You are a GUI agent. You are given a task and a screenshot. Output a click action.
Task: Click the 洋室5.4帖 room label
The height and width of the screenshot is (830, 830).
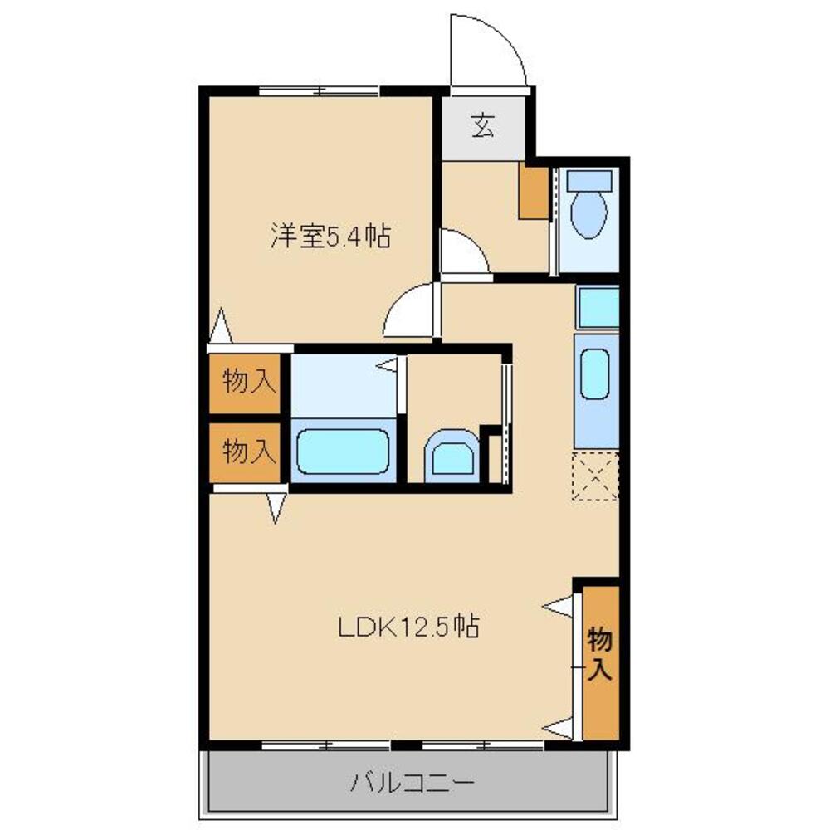coord(331,236)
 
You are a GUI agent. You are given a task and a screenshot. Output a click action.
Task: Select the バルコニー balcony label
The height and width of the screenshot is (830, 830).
coord(412,782)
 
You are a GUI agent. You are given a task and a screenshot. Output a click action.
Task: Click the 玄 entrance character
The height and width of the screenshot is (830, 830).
coord(483,127)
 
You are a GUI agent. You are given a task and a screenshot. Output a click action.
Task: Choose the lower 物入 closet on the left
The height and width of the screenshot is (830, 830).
coord(245,452)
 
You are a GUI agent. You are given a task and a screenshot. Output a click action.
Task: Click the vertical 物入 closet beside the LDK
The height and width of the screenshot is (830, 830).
coord(601,662)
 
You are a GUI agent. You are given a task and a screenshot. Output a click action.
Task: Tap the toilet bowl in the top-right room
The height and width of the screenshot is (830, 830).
coord(588,214)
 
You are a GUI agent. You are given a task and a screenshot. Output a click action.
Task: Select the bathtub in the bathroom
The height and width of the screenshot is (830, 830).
coord(343,452)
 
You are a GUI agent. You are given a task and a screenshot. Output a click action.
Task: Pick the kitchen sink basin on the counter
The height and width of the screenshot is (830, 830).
coord(594,374)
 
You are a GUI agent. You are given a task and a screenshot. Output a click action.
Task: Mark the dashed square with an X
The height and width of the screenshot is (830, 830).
coord(595,476)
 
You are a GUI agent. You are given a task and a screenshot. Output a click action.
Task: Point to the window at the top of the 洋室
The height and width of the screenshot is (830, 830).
coord(320,91)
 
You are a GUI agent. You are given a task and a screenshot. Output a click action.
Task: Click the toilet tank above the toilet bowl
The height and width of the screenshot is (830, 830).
coord(589,180)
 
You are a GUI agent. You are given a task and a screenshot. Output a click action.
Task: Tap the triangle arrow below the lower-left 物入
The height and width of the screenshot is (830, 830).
coord(276,508)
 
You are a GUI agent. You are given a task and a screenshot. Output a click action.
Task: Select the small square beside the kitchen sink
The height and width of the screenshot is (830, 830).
coord(598,307)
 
